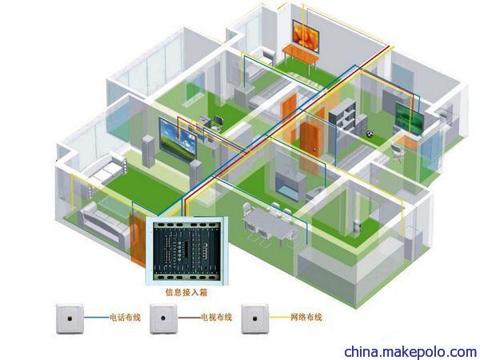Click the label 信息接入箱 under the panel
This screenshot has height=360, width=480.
point(186,292)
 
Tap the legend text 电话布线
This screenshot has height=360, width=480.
point(126,317)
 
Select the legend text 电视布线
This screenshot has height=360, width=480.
point(216,317)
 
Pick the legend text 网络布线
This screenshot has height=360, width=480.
point(306,317)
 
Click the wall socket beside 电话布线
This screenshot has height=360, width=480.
point(70,318)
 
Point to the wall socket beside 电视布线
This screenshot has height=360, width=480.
point(163,318)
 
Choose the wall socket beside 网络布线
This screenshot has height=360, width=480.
point(255,318)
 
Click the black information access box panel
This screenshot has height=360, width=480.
point(186,250)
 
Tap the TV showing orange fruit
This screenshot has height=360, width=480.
point(306,36)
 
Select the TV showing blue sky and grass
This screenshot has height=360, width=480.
point(178,139)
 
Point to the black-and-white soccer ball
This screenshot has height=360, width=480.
point(370,134)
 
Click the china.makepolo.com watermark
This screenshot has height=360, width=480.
point(410,351)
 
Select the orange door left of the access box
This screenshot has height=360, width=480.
point(138,238)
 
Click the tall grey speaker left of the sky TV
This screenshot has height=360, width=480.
point(149,151)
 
